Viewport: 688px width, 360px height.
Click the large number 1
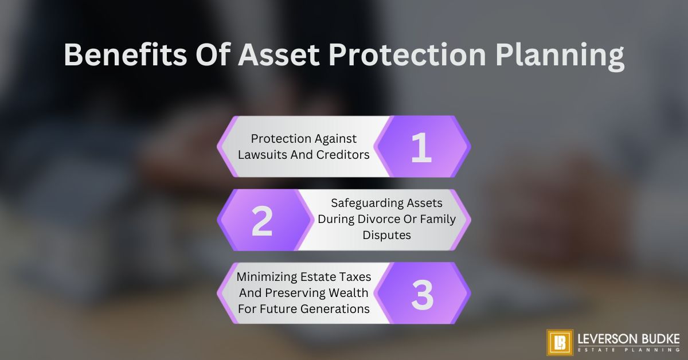pyautogui.click(x=421, y=147)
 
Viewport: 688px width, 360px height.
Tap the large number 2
pyautogui.click(x=262, y=221)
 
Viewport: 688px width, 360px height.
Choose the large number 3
pyautogui.click(x=422, y=294)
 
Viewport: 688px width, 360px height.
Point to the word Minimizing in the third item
pyautogui.click(x=266, y=277)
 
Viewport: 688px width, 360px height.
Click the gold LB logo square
pyautogui.click(x=560, y=342)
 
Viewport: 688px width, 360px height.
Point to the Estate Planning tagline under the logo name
pyautogui.click(x=628, y=350)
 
